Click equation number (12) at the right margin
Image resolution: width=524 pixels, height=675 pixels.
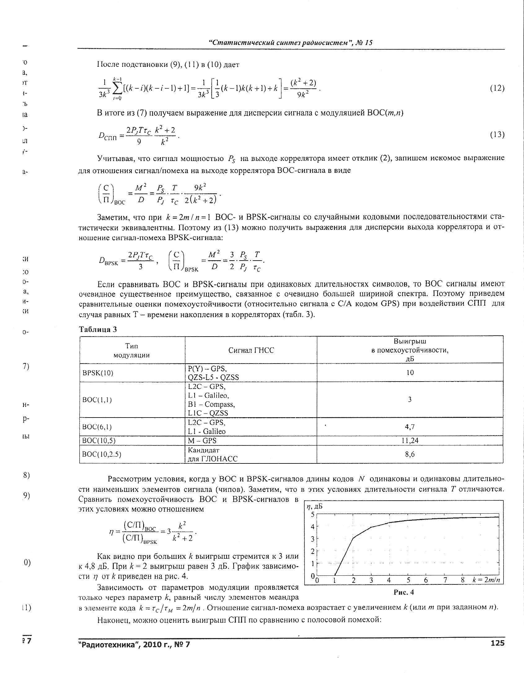pyautogui.click(x=497, y=88)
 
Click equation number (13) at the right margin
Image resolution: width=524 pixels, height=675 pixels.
pyautogui.click(x=497, y=135)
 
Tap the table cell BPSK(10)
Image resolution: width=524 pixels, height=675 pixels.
pyautogui.click(x=98, y=373)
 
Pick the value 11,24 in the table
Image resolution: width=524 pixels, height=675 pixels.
pyautogui.click(x=410, y=440)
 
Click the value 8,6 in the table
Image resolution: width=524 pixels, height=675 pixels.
pyautogui.click(x=410, y=454)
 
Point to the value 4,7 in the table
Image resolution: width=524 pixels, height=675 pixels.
pyautogui.click(x=410, y=427)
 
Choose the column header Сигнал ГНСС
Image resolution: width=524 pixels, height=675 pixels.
pyautogui.click(x=251, y=350)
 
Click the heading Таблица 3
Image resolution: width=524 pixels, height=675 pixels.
pyautogui.click(x=98, y=329)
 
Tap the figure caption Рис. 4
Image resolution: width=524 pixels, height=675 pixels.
pyautogui.click(x=404, y=592)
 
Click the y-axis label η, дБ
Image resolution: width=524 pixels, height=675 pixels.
pyautogui.click(x=315, y=507)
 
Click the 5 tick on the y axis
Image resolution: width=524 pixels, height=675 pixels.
pyautogui.click(x=313, y=515)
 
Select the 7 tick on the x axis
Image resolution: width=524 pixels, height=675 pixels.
pyautogui.click(x=445, y=580)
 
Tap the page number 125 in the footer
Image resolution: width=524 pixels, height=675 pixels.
pyautogui.click(x=498, y=643)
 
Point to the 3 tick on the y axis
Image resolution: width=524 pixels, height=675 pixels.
pyautogui.click(x=313, y=539)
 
